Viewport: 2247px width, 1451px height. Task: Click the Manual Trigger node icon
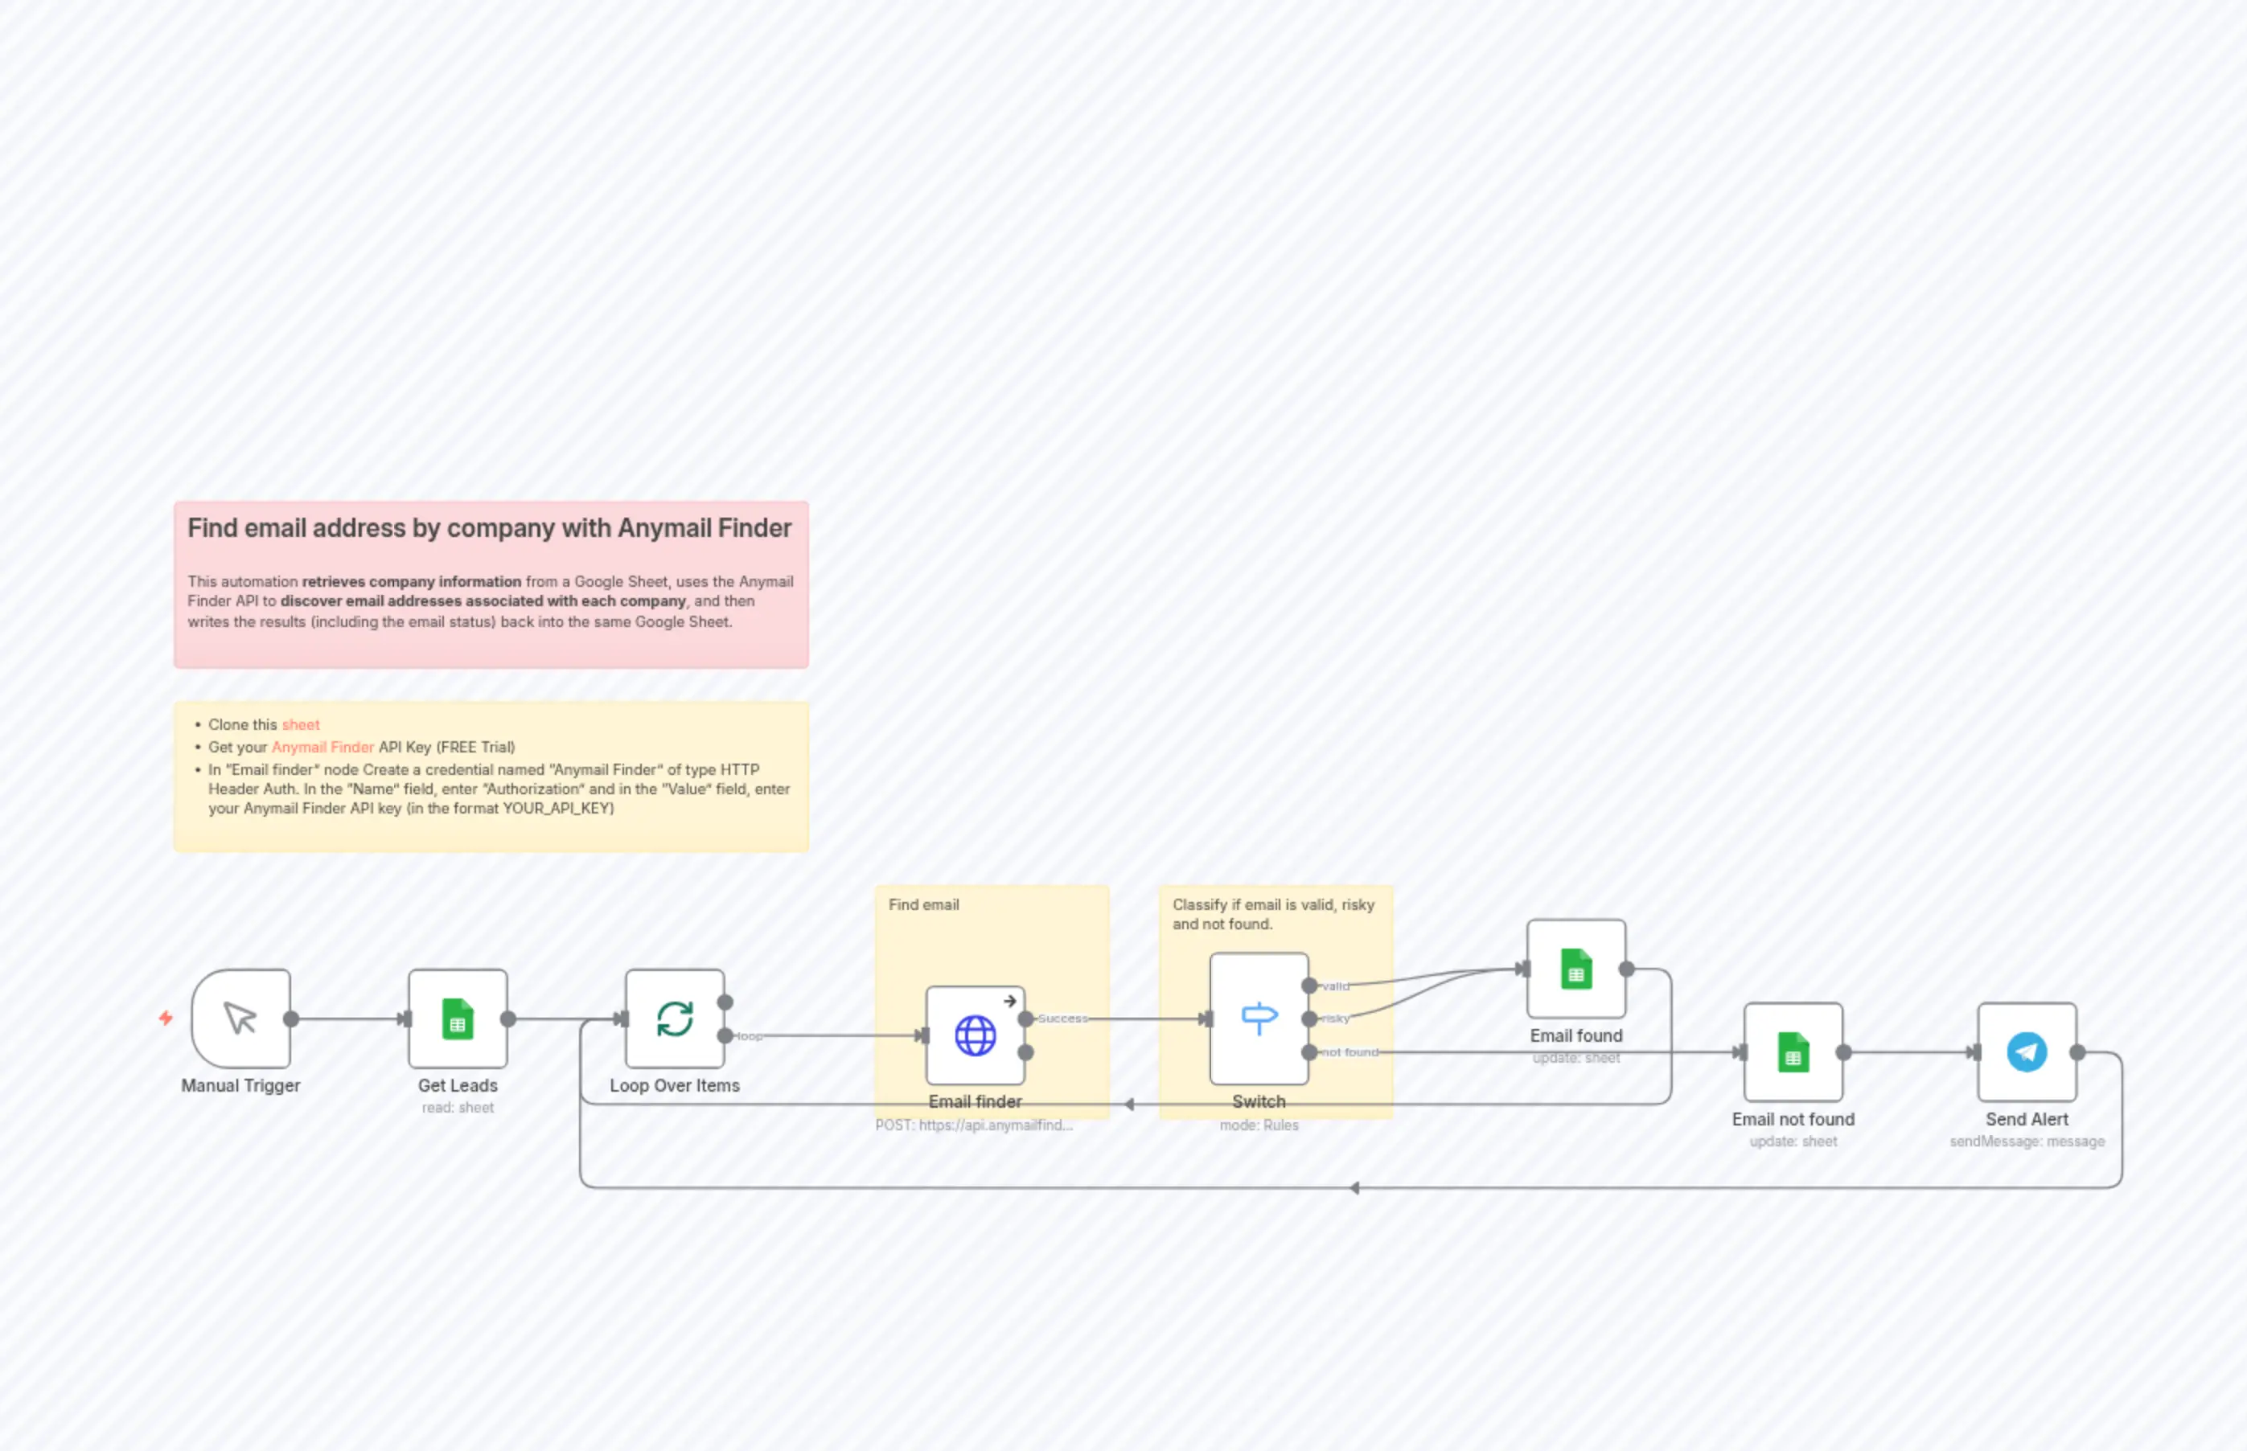(x=240, y=1019)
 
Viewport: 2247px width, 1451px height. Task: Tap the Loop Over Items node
(x=674, y=1019)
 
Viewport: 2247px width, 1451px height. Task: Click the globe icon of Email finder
(x=975, y=1035)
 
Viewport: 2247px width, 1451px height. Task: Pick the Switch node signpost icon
(x=1259, y=1019)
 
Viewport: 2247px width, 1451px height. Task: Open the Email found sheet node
(x=1576, y=969)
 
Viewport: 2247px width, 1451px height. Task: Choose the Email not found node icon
(x=1793, y=1052)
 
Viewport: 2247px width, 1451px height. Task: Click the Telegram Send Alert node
(x=2027, y=1052)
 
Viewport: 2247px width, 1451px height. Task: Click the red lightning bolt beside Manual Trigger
(x=166, y=1018)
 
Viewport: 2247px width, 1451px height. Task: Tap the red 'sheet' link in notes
(x=301, y=724)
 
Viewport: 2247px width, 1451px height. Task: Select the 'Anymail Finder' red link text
(x=322, y=747)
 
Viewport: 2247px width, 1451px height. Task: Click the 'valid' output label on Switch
(x=1336, y=986)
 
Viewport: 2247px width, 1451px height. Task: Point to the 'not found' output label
(x=1349, y=1052)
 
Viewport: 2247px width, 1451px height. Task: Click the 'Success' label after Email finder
(x=1062, y=1019)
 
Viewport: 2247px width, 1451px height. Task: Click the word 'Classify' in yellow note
(x=1199, y=904)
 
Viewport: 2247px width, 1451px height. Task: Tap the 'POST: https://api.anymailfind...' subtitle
(x=974, y=1125)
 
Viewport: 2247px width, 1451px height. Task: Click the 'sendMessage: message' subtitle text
(x=2027, y=1141)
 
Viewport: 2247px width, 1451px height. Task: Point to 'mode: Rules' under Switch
(x=1259, y=1125)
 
